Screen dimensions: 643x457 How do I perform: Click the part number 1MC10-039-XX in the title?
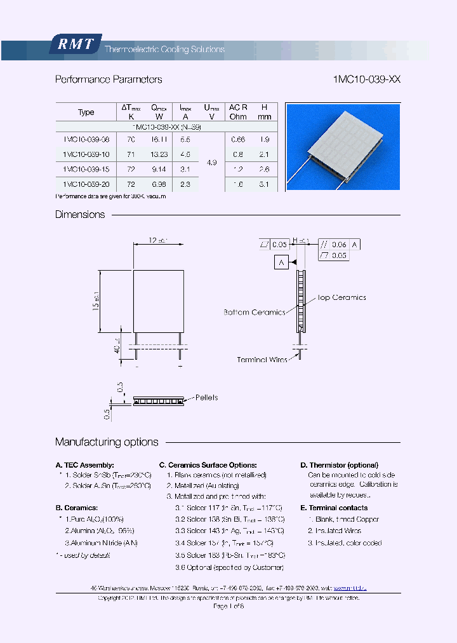(366, 80)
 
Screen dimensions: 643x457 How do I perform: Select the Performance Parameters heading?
(109, 80)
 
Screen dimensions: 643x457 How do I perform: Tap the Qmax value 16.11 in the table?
(159, 139)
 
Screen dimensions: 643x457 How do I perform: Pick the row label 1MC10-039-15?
(86, 169)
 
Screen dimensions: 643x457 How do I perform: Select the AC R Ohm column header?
(238, 112)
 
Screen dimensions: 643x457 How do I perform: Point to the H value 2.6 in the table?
(265, 169)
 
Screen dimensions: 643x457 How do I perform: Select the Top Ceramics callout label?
(341, 297)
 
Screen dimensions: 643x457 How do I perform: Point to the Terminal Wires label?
(262, 360)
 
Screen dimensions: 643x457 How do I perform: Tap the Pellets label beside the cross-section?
(206, 398)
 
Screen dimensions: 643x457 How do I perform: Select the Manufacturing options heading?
(107, 442)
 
